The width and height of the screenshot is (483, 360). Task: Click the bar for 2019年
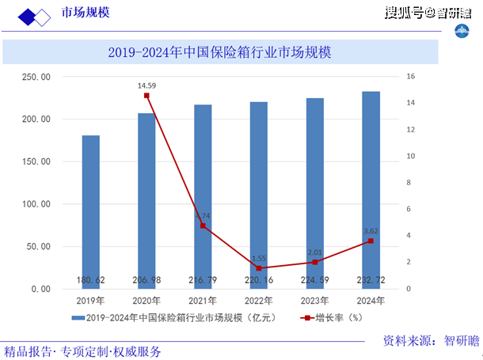pyautogui.click(x=91, y=212)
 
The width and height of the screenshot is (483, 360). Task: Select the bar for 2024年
pyautogui.click(x=371, y=190)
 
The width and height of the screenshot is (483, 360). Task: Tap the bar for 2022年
pyautogui.click(x=259, y=195)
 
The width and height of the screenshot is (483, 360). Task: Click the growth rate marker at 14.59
pyautogui.click(x=146, y=96)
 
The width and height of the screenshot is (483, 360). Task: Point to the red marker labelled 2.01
pyautogui.click(x=315, y=262)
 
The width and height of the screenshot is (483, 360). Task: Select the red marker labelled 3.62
pyautogui.click(x=371, y=241)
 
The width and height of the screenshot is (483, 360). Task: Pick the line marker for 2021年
pyautogui.click(x=203, y=225)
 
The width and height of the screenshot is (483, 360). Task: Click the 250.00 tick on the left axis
pyautogui.click(x=36, y=77)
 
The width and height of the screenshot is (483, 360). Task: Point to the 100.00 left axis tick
pyautogui.click(x=36, y=204)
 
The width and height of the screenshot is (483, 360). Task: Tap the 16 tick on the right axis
pyautogui.click(x=411, y=77)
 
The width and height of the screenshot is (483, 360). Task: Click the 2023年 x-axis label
pyautogui.click(x=314, y=301)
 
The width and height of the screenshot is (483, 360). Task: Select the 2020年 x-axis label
pyautogui.click(x=146, y=301)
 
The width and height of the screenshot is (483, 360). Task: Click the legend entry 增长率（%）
pyautogui.click(x=332, y=318)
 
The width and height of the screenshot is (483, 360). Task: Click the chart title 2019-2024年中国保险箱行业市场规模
pyautogui.click(x=219, y=53)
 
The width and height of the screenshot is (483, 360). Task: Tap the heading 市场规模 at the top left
pyautogui.click(x=88, y=14)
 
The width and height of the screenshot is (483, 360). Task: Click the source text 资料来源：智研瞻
pyautogui.click(x=432, y=340)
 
